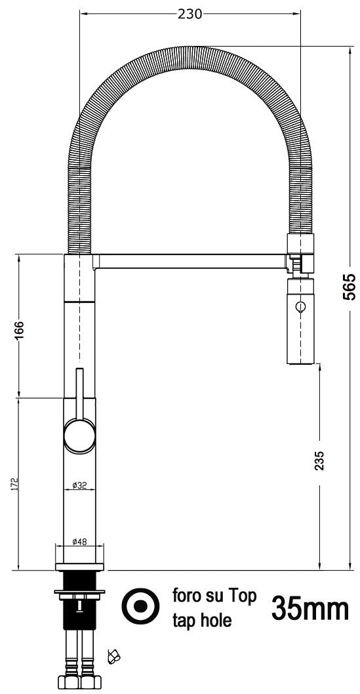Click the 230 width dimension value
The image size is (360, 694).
(x=190, y=14)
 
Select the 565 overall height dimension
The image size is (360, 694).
(x=350, y=287)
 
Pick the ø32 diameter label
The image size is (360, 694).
(x=79, y=486)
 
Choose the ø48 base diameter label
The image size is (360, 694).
(x=79, y=542)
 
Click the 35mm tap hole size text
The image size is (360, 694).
(x=309, y=609)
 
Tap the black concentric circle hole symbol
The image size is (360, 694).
(x=141, y=607)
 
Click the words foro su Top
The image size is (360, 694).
(x=214, y=596)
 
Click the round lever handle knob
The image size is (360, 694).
(x=79, y=436)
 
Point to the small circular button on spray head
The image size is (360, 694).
(x=300, y=306)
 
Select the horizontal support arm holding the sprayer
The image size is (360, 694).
(x=190, y=262)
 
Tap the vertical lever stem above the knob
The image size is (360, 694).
(x=80, y=394)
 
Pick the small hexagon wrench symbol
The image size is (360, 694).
(x=113, y=655)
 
